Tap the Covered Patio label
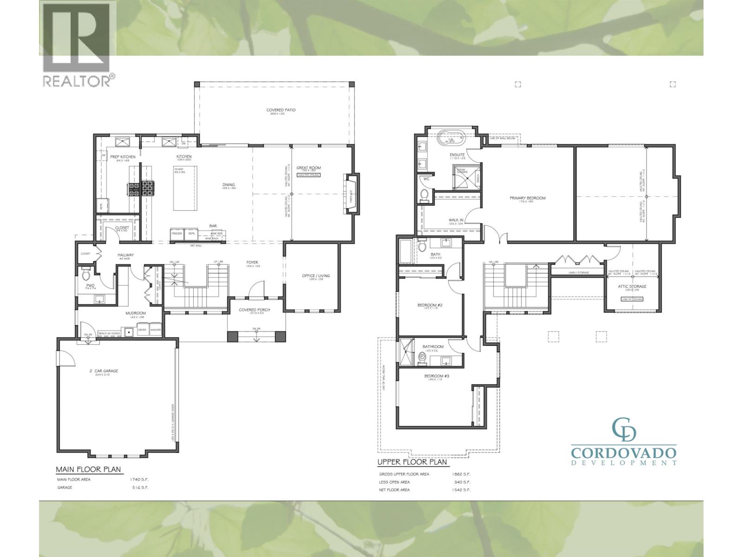[x=281, y=110]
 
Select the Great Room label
[x=309, y=168]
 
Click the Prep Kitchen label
[x=123, y=157]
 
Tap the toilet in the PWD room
[x=86, y=276]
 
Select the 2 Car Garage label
[x=104, y=371]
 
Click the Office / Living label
[x=316, y=276]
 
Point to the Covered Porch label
[x=254, y=310]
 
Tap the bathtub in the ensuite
[x=452, y=138]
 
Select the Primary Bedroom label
[x=528, y=198]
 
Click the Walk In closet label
[x=456, y=220]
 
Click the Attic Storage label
[x=632, y=286]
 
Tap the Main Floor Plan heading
[x=88, y=469]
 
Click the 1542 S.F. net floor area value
[x=461, y=490]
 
